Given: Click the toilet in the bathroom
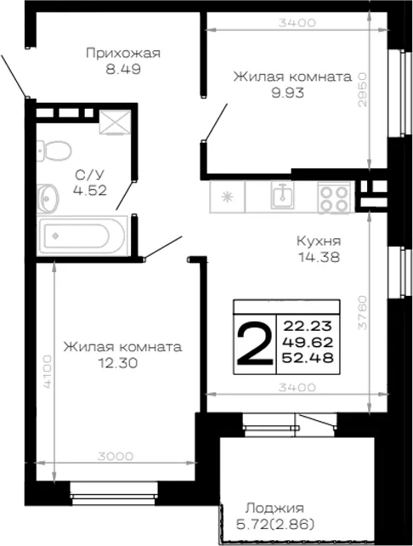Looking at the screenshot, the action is click(x=54, y=151).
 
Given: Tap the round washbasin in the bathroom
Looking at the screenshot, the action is click(x=48, y=199).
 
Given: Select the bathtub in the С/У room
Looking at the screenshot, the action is click(x=82, y=236).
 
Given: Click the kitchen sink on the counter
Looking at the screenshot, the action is click(x=282, y=195).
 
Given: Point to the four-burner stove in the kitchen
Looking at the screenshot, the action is click(x=334, y=198).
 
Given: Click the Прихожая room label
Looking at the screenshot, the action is click(x=123, y=54).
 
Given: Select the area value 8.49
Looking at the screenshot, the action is click(x=123, y=70).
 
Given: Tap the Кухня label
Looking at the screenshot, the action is click(x=319, y=241).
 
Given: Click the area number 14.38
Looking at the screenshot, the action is click(x=319, y=258).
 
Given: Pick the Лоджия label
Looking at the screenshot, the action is click(x=274, y=509).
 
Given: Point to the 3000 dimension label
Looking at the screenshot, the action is click(x=116, y=456).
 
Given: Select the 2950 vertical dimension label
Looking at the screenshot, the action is click(x=362, y=89).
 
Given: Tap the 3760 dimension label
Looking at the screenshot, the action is click(x=362, y=312).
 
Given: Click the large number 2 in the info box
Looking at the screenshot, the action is click(x=255, y=344).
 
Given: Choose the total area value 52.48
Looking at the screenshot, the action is click(x=308, y=357).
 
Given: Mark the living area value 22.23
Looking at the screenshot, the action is click(x=308, y=327).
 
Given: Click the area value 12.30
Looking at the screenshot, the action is click(x=118, y=363).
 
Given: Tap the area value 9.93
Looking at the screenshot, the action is click(x=288, y=93).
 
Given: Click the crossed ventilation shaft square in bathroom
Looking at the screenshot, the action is click(x=116, y=122).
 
